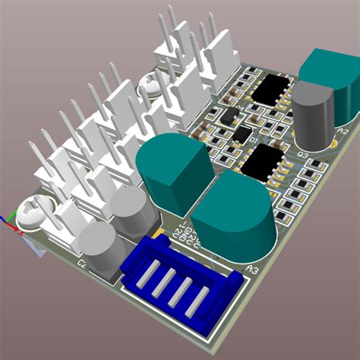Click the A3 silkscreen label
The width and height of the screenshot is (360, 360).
252,268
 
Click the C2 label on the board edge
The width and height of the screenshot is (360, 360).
82,264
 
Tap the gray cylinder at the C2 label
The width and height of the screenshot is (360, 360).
98,247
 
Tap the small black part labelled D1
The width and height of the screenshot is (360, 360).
242,134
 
